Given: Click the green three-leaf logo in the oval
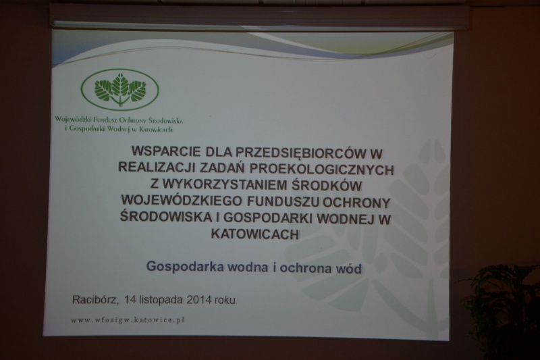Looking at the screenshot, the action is [x=120, y=89].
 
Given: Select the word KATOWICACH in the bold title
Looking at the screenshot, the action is [x=255, y=234].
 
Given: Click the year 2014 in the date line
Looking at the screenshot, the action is [x=198, y=300].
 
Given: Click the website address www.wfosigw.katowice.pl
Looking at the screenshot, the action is [x=128, y=320].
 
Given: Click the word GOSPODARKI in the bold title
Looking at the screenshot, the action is [x=270, y=218].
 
